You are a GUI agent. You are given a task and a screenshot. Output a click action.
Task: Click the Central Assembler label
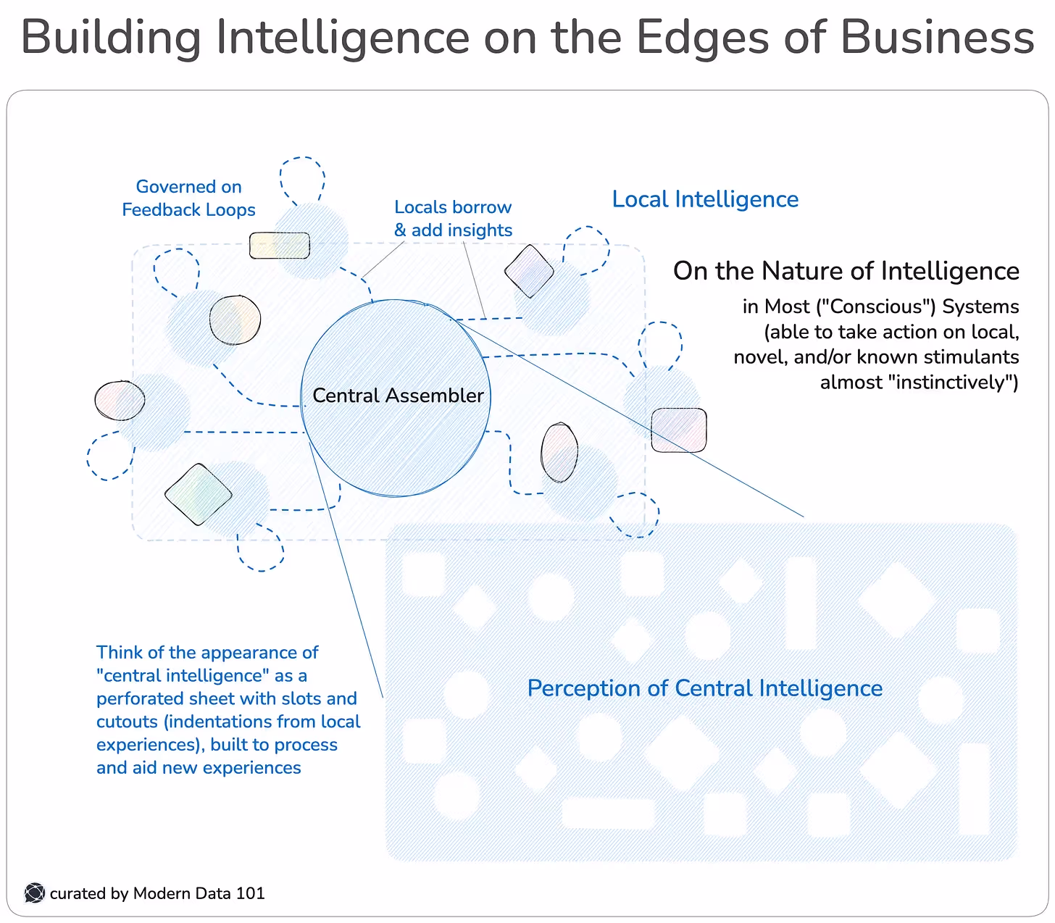coord(398,396)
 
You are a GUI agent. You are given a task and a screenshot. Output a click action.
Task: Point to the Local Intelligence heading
coord(705,199)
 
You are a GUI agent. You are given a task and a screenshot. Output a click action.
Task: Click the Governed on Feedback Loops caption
coord(188,199)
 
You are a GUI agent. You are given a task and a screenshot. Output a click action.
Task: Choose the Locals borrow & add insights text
coord(453,219)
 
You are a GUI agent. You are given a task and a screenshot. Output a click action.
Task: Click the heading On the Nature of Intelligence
coord(846,271)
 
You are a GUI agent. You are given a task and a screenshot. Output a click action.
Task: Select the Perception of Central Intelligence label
coord(704,688)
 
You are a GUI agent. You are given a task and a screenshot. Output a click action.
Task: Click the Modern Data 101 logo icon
coord(34,893)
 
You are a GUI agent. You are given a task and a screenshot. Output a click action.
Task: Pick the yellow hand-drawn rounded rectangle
coord(279,246)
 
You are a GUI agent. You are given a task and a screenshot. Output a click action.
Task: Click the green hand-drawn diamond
coord(198,494)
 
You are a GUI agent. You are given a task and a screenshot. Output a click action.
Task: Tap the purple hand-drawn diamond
coord(529,272)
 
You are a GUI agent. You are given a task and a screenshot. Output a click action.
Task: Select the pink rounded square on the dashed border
coord(678,430)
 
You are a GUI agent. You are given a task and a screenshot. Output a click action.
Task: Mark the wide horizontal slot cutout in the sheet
coord(608,813)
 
